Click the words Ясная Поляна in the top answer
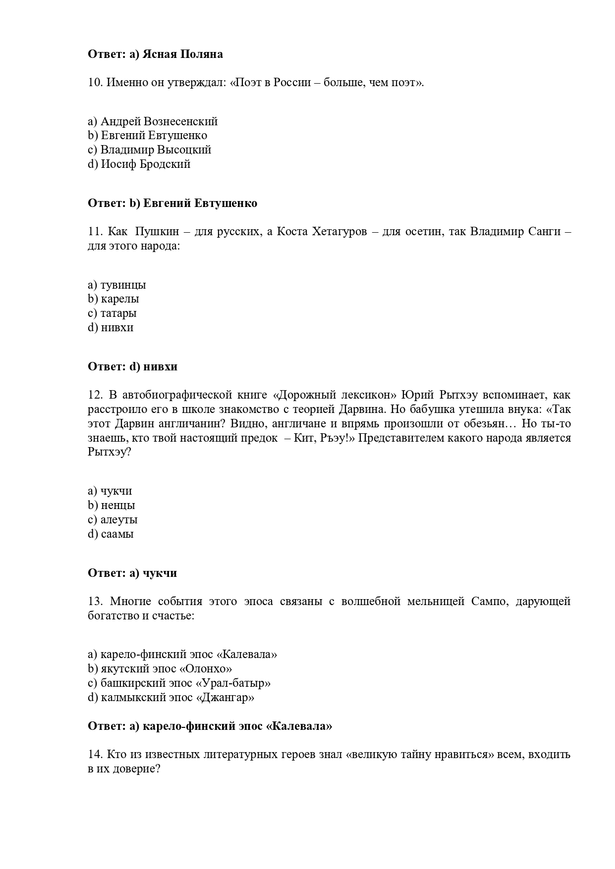click(x=182, y=54)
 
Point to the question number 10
click(x=95, y=83)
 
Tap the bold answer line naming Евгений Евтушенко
click(x=172, y=203)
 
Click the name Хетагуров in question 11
click(x=339, y=232)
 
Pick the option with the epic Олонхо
click(x=160, y=668)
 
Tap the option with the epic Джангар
click(x=171, y=697)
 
